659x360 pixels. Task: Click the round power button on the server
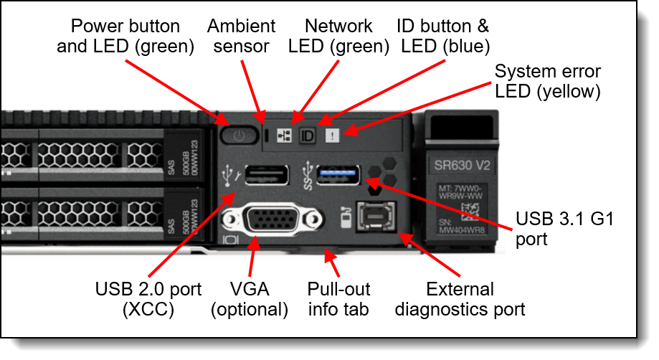pos(239,134)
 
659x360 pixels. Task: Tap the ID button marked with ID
pos(307,134)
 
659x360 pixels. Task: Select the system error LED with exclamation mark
pos(331,134)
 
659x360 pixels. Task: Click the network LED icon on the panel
pos(285,134)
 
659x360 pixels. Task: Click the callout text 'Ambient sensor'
pos(241,37)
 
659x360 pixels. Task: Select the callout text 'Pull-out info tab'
pos(338,299)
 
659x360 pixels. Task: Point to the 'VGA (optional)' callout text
pos(257,299)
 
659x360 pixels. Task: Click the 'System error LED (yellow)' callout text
pos(548,82)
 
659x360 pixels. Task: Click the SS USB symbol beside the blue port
pos(305,176)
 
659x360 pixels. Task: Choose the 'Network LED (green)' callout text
pos(338,37)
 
